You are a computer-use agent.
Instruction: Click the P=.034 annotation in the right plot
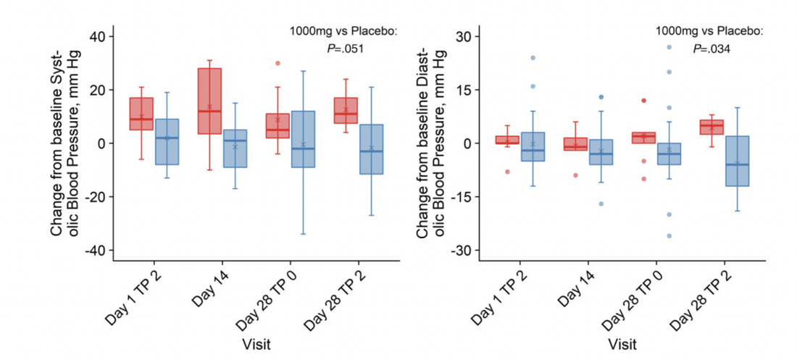710,49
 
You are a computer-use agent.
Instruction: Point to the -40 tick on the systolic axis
96,250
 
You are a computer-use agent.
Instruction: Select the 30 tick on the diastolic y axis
464,36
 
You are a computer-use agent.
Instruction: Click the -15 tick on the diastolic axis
461,196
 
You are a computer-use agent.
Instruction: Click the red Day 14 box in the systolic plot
209,101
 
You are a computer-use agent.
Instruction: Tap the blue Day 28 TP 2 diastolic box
737,161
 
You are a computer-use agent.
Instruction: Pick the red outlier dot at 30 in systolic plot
278,63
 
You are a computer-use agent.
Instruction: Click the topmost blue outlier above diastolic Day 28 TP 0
669,47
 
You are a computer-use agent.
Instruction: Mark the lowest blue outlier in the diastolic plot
669,235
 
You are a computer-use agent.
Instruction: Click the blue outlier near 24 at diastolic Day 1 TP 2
533,58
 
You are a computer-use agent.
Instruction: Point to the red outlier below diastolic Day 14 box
575,175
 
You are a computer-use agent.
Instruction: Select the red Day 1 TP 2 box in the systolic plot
141,114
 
